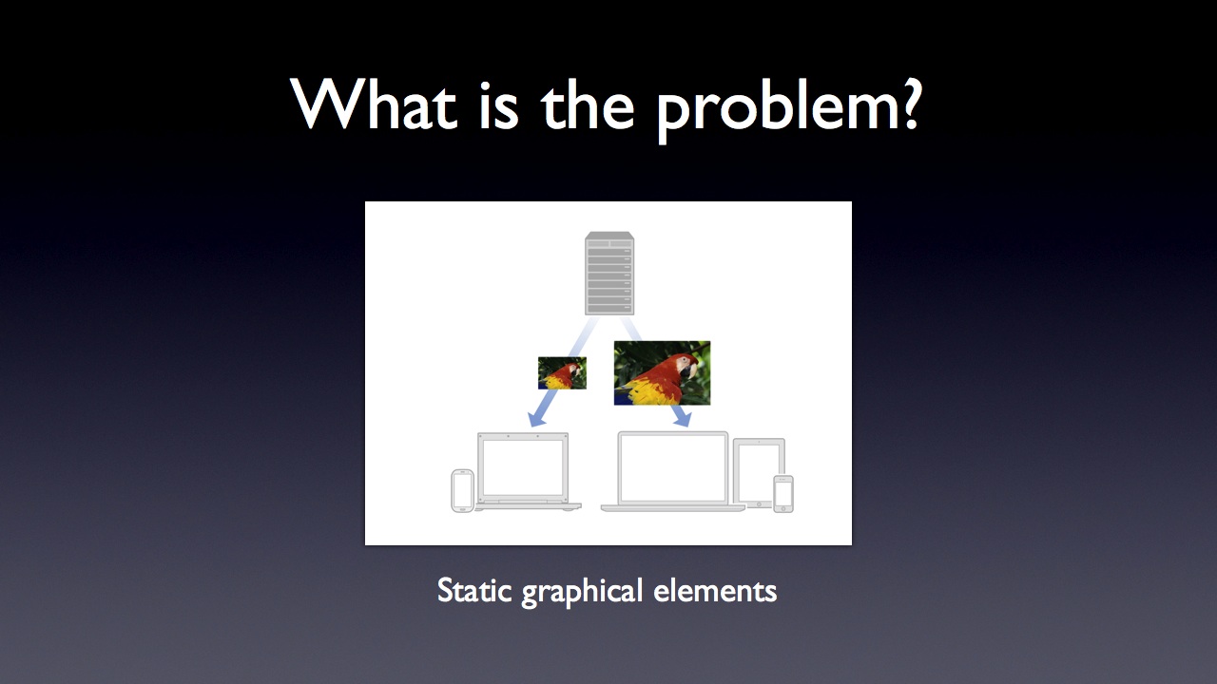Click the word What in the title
(375, 104)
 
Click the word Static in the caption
(474, 590)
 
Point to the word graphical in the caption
(582, 592)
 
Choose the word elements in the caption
(715, 590)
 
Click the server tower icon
(609, 273)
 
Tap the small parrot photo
(562, 373)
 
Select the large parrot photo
(662, 373)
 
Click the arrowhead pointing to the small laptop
(537, 418)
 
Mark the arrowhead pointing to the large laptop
(682, 418)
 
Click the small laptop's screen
(523, 467)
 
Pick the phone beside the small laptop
(462, 491)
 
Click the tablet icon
(759, 473)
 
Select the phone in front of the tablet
(783, 494)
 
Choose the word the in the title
(588, 104)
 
